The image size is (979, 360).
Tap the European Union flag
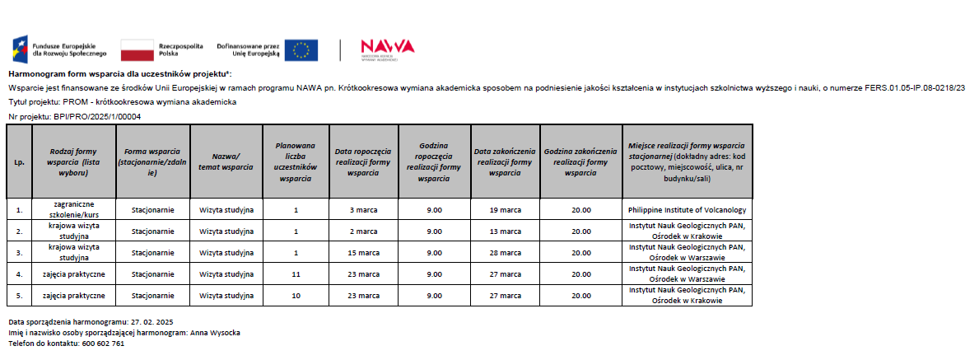(301, 50)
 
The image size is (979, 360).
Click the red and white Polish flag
(138, 50)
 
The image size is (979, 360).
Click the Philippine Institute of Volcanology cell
(686, 209)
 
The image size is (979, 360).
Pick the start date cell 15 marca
(362, 252)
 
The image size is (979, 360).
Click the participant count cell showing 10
(295, 295)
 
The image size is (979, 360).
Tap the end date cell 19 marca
(504, 209)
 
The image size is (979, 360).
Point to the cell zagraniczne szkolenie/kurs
(73, 209)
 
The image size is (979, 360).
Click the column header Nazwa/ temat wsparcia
(226, 161)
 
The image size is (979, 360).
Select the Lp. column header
(19, 161)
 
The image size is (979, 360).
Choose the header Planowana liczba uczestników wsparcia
(295, 161)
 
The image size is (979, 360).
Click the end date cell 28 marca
(504, 252)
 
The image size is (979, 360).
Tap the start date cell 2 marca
(362, 231)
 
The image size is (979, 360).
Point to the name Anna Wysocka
(215, 332)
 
